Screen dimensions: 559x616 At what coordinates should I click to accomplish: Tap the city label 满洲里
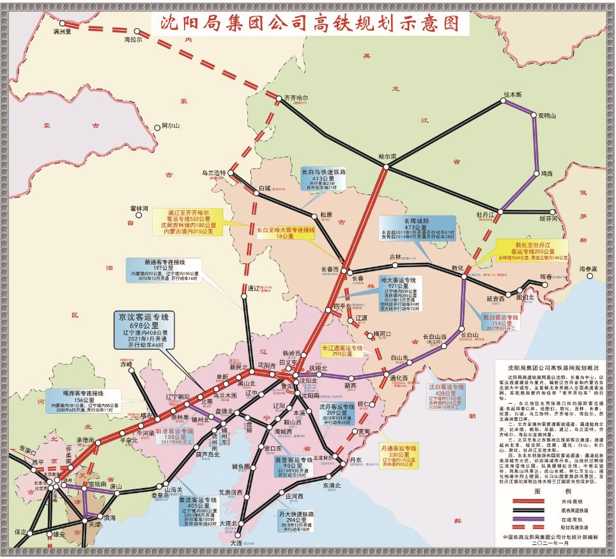click(64, 30)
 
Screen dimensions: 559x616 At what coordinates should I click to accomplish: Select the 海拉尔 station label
click(134, 39)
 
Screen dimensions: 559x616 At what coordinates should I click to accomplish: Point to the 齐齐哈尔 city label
click(295, 98)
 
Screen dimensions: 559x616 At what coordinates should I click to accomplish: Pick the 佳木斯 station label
click(514, 94)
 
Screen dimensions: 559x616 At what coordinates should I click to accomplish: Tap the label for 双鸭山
click(548, 116)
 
